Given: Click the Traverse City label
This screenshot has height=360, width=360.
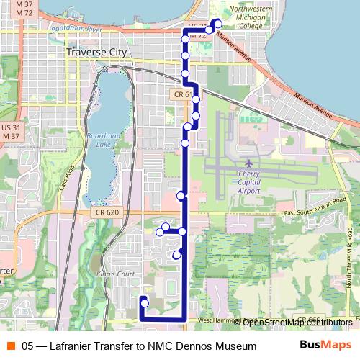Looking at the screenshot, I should [x=96, y=53].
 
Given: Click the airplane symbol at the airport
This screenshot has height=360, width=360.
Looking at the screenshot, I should [x=249, y=163].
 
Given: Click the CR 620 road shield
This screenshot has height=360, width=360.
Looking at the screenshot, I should [x=106, y=212].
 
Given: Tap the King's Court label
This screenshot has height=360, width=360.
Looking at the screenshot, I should [x=115, y=274].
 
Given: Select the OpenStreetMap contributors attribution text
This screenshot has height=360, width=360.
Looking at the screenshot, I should [x=297, y=322].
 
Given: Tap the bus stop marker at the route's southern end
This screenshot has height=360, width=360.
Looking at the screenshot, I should [x=144, y=303].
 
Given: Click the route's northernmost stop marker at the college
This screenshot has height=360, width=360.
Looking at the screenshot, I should [x=218, y=22].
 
